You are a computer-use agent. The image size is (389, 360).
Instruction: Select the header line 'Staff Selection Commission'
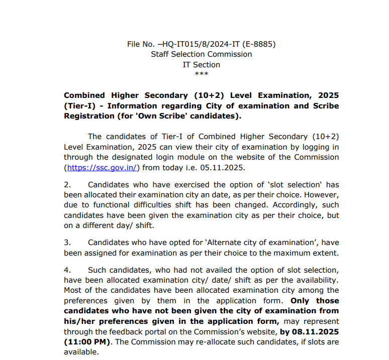tap(201, 54)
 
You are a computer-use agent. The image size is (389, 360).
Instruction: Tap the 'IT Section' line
tap(201, 65)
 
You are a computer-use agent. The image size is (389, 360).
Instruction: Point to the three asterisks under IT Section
tap(201, 74)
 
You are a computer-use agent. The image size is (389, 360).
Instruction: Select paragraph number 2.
tap(67, 185)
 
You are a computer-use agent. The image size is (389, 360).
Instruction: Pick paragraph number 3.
tap(67, 242)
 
